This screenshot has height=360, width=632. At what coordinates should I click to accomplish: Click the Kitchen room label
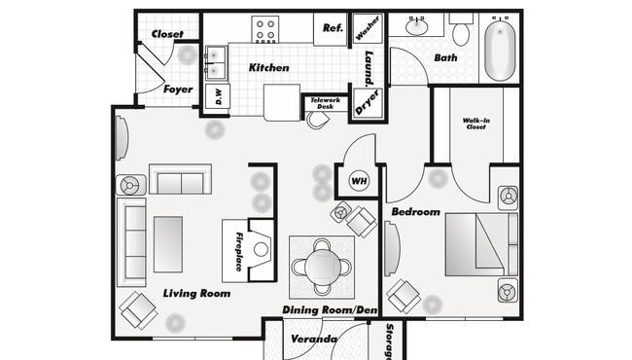[x=268, y=67]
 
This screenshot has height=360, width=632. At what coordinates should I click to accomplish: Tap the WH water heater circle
[x=359, y=181]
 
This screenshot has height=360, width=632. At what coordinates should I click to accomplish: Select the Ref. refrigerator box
[x=331, y=29]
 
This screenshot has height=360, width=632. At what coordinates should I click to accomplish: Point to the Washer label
[x=368, y=28]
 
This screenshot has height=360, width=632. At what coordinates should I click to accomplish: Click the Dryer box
[x=368, y=103]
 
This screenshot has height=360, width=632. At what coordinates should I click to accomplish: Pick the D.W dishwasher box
[x=218, y=96]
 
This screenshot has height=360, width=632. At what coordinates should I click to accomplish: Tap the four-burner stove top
[x=265, y=29]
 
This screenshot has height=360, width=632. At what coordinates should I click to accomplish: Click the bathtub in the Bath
[x=500, y=50]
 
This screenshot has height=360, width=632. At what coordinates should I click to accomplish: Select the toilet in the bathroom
[x=461, y=30]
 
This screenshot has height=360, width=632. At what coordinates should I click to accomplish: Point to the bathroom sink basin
[x=417, y=27]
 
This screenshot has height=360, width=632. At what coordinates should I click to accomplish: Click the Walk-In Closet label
[x=476, y=124]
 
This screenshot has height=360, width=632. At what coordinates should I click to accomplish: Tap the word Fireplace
[x=238, y=252]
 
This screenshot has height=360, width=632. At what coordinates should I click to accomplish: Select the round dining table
[x=323, y=267]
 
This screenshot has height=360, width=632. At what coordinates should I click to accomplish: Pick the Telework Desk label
[x=326, y=103]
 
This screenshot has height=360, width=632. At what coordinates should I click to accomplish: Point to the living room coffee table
[x=168, y=244]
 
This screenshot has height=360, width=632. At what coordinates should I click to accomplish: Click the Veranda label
[x=314, y=339]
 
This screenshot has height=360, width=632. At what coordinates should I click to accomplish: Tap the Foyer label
[x=178, y=90]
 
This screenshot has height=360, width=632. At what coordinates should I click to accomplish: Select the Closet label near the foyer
[x=167, y=34]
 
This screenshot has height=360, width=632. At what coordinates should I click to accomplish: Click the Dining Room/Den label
[x=330, y=309]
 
